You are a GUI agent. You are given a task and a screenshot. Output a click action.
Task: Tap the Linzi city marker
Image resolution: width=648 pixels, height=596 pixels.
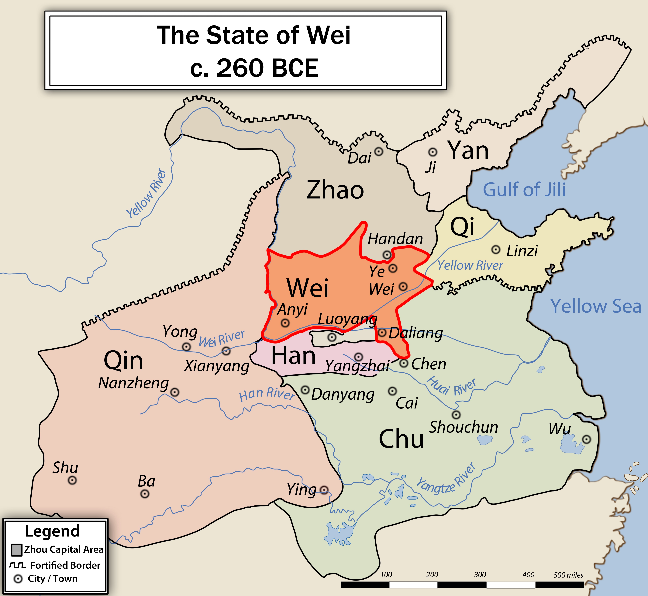[x=496, y=250]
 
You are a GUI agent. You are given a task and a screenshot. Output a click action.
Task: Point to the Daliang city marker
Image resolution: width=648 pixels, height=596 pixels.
[x=382, y=333]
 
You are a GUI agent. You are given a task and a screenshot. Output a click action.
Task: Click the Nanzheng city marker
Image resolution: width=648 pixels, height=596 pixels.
[x=175, y=392]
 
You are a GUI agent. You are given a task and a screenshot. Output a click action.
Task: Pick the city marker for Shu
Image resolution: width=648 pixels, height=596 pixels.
[x=72, y=480]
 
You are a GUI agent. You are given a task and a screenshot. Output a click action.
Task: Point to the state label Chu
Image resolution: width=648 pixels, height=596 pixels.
[x=401, y=439]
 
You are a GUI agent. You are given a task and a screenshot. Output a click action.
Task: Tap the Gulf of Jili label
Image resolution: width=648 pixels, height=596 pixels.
[x=524, y=190]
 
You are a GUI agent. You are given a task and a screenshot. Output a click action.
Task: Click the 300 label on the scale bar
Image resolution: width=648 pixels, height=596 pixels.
[x=480, y=575]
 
